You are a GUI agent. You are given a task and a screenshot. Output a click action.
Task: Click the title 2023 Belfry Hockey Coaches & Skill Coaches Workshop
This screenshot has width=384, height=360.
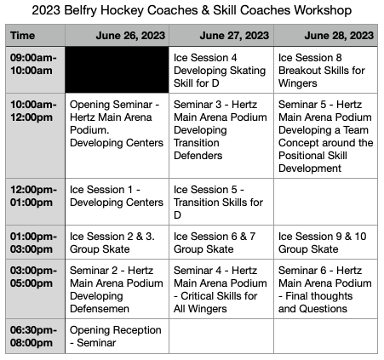[192, 10]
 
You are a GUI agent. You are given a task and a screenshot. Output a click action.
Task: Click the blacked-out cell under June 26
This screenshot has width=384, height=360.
[117, 70]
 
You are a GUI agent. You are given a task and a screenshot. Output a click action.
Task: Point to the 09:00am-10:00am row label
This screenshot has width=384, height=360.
[33, 64]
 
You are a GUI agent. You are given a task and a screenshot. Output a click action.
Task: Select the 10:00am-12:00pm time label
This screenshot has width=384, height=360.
[33, 111]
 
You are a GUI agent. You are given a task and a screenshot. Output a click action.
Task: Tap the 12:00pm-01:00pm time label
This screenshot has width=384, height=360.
[33, 196]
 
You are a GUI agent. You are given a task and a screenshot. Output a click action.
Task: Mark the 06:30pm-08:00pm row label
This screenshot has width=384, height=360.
[33, 336]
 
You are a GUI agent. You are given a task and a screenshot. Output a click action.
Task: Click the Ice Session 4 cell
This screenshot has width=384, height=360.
[221, 70]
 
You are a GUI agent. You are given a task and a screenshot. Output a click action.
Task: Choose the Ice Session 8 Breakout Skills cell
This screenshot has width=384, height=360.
[325, 70]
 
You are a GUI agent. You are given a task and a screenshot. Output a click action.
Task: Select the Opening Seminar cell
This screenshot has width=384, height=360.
[117, 135]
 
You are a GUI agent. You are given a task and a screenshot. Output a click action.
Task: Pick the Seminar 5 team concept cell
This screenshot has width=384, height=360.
[325, 135]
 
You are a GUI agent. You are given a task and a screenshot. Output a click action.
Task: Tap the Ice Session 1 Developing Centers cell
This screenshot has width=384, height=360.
[117, 202]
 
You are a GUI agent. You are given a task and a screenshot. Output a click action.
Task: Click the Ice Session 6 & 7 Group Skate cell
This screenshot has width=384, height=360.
[221, 243]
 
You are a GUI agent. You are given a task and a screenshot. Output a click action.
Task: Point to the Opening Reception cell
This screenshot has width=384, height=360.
[117, 336]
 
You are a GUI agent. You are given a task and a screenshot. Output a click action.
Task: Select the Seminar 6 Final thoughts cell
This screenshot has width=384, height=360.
[325, 289]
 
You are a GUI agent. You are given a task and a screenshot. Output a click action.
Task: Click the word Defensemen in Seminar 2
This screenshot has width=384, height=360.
[100, 309]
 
